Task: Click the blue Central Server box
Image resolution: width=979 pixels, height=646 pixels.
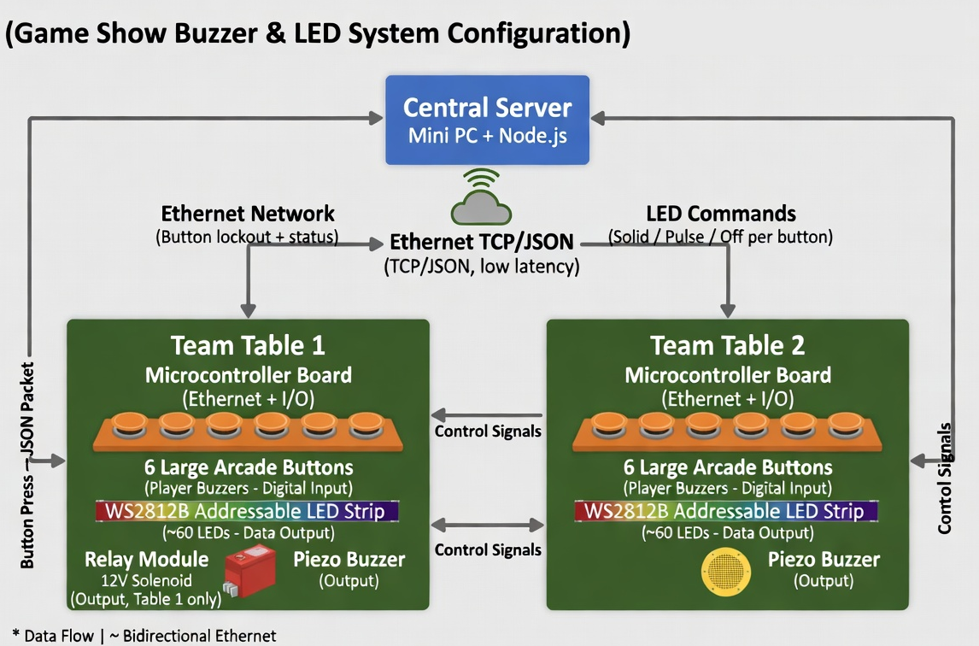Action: tap(487, 120)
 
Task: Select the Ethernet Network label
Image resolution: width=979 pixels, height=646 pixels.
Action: tap(248, 214)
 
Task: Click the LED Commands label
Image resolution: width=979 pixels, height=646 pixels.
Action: tap(721, 214)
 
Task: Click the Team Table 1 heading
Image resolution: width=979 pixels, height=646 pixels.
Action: tap(248, 345)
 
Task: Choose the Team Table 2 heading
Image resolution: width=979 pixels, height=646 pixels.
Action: tap(727, 345)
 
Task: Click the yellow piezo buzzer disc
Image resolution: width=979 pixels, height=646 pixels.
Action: tap(725, 571)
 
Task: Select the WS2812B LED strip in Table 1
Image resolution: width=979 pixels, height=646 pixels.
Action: tap(248, 511)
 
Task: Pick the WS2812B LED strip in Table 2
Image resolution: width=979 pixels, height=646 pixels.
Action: tap(727, 511)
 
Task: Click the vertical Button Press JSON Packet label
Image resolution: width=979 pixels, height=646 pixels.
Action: tap(28, 466)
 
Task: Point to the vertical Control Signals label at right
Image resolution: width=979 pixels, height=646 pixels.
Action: tap(945, 479)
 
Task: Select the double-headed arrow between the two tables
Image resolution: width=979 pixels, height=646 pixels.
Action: tap(488, 523)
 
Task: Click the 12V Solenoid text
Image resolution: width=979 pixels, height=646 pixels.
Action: tap(146, 581)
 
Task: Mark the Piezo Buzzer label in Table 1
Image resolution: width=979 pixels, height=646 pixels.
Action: tap(349, 561)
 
